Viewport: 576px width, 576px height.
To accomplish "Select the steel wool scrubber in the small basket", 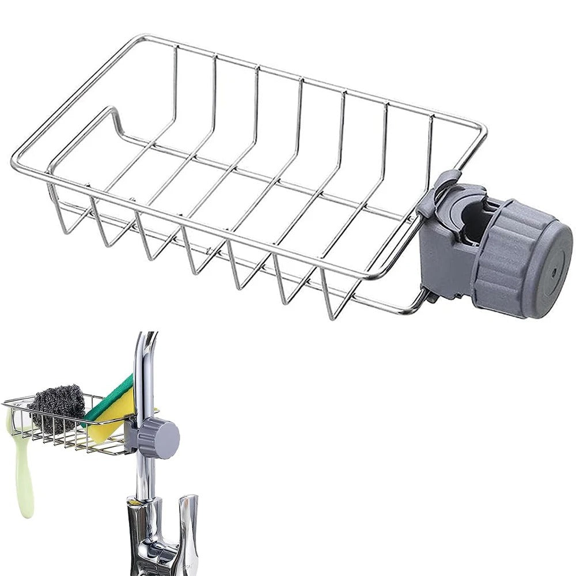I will [55, 407].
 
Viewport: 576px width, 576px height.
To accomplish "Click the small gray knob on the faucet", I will [161, 438].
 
